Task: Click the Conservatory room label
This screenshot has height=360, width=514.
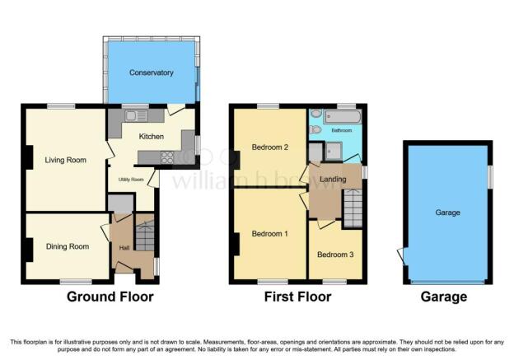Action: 151,72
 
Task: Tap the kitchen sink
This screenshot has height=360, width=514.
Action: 136,115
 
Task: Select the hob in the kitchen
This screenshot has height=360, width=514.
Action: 167,157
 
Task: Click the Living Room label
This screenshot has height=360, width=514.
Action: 66,160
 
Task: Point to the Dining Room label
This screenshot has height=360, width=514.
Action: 68,246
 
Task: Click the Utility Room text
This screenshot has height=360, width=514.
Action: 131,180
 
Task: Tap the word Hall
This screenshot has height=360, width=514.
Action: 124,248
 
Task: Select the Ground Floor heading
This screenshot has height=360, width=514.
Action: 110,297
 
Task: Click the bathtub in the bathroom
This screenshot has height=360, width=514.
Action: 343,117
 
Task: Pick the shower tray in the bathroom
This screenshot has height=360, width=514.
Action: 334,152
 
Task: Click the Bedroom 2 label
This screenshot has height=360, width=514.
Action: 270,147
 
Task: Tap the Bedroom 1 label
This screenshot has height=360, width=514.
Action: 270,234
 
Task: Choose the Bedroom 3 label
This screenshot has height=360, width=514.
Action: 335,255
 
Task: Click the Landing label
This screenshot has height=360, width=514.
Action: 333,179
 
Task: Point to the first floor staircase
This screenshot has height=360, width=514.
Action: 353,208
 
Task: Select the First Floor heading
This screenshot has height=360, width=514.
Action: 297,297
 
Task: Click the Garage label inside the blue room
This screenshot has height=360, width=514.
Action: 448,213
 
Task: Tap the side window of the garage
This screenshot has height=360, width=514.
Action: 490,177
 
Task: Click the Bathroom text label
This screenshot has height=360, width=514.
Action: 342,130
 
